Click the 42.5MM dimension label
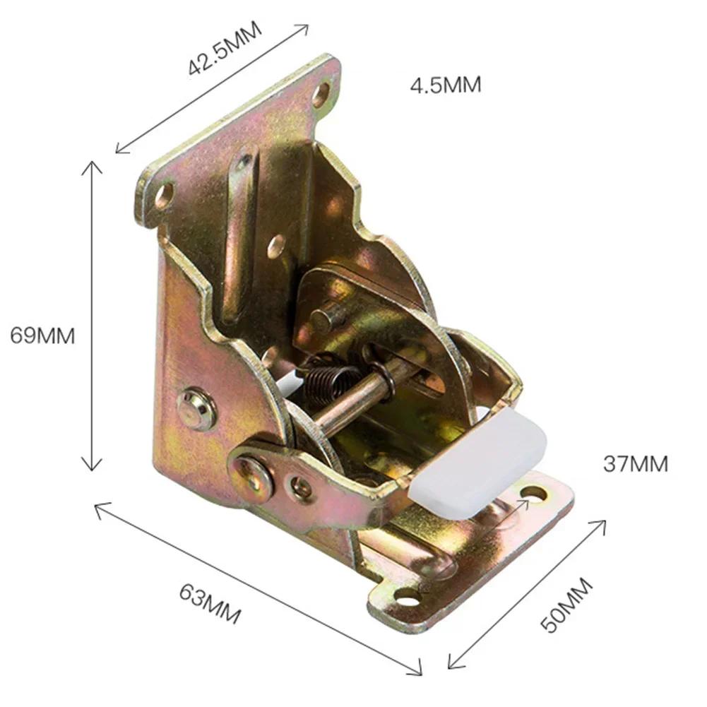pos(224,49)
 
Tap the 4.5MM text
pos(445,85)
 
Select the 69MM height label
pos(42,335)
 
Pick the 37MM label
pos(635,464)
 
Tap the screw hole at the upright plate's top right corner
pos(321,94)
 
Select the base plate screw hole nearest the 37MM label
pos(534,493)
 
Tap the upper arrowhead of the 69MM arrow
pos(90,165)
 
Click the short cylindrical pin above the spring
pos(327,318)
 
